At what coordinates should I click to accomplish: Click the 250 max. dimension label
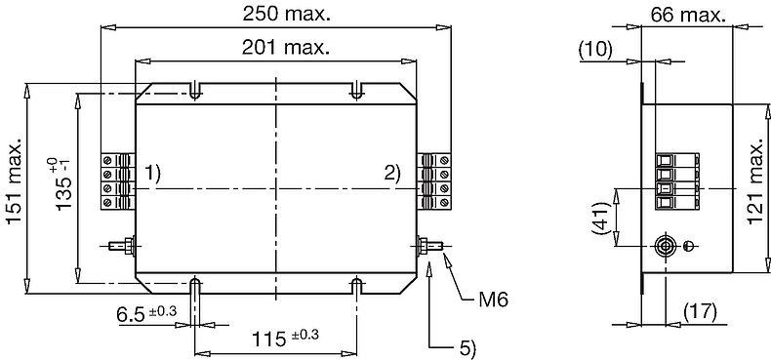(x=286, y=15)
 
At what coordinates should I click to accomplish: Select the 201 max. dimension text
(x=286, y=48)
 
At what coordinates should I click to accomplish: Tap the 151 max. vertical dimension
(x=15, y=180)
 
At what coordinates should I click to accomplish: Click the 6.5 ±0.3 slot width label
(x=146, y=313)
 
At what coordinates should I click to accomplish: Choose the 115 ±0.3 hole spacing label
(x=285, y=338)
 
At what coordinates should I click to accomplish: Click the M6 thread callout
(x=493, y=300)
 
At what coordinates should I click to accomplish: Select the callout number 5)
(x=467, y=348)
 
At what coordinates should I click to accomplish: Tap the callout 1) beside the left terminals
(x=152, y=174)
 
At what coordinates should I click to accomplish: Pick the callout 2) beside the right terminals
(x=392, y=174)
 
